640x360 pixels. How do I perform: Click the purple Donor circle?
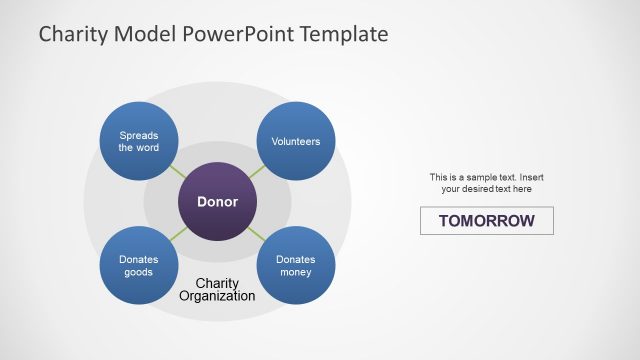(x=217, y=201)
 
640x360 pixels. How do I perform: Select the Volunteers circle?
(x=296, y=141)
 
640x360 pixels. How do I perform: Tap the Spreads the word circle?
(x=139, y=141)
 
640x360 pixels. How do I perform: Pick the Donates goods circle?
(x=139, y=265)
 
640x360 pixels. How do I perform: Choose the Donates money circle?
(x=296, y=265)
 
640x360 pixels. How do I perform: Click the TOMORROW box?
(x=486, y=221)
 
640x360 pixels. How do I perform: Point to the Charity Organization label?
(x=217, y=290)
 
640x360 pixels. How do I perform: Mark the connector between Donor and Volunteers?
(x=257, y=171)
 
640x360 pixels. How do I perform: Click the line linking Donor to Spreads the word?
(x=178, y=171)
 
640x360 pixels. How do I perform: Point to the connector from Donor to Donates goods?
(x=178, y=234)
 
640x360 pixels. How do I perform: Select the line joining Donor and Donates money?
(x=257, y=234)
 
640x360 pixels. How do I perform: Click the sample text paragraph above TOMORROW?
(x=486, y=183)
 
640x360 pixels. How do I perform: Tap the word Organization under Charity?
(x=217, y=297)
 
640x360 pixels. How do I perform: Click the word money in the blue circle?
(x=296, y=272)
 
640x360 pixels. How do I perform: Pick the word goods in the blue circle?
(x=139, y=272)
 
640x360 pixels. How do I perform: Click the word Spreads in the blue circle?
(x=139, y=135)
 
